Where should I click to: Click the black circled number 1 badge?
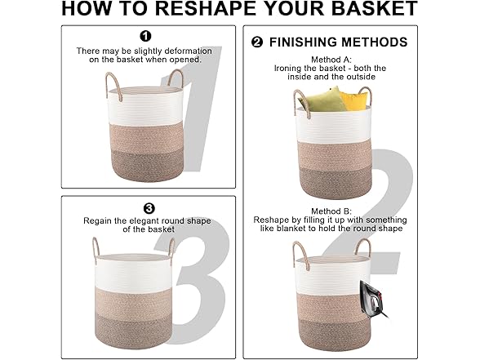tap(145, 36)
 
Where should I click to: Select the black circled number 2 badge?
tap(257, 42)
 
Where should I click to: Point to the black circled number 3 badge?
tap(149, 209)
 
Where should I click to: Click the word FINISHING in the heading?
tap(303, 42)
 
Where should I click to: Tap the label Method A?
tap(331, 60)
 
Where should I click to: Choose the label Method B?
tap(331, 211)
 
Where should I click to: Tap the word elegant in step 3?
tap(144, 221)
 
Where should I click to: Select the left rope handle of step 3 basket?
tap(96, 247)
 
